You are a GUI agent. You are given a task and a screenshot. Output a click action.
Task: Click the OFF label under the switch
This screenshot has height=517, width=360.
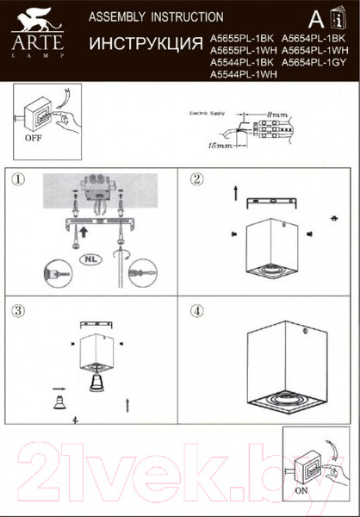pyautogui.click(x=34, y=137)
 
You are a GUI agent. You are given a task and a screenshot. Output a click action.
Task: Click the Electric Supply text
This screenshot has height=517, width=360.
pyautogui.click(x=209, y=113)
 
